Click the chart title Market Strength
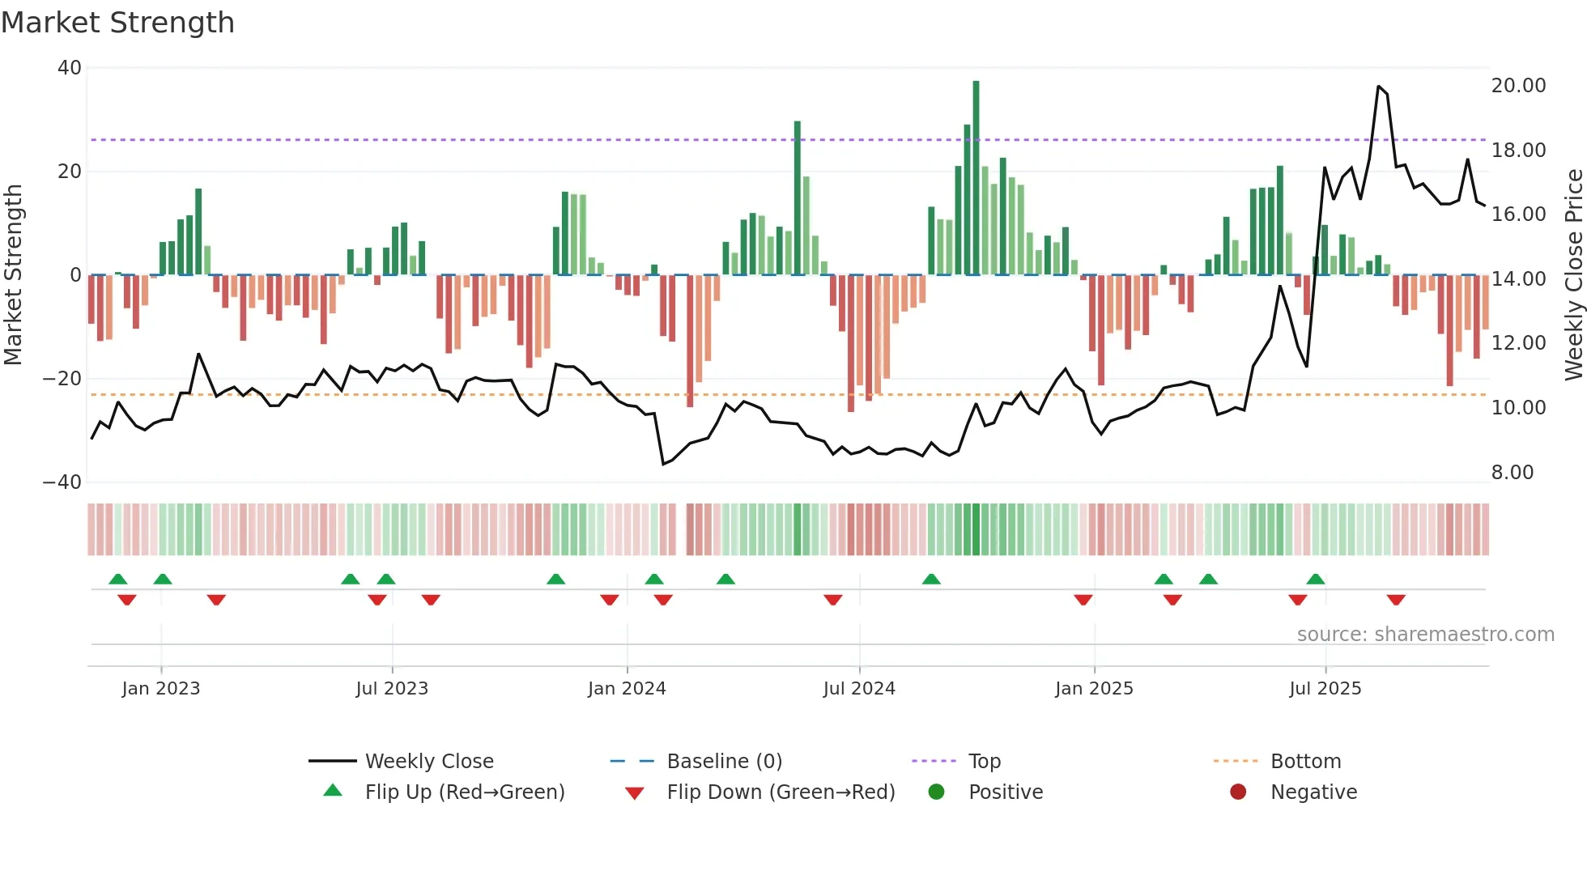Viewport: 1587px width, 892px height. (x=117, y=23)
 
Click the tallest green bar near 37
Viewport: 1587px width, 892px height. (x=976, y=178)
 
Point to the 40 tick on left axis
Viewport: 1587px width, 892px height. (x=70, y=68)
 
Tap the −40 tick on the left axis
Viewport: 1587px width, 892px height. (x=62, y=482)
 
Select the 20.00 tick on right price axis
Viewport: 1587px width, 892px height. (x=1518, y=86)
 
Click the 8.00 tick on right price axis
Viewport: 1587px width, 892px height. (x=1512, y=473)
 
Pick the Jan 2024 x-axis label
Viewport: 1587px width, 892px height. (x=627, y=689)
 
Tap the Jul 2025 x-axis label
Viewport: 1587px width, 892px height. (x=1325, y=689)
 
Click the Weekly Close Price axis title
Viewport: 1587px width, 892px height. (x=1573, y=275)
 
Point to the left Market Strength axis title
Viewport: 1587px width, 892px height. (x=14, y=275)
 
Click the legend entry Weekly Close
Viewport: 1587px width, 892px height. (x=428, y=762)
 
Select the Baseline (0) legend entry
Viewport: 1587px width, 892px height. (x=724, y=762)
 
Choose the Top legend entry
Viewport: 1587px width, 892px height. (x=985, y=762)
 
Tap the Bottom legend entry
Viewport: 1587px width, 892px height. (x=1305, y=762)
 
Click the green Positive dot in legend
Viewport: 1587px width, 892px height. (x=937, y=792)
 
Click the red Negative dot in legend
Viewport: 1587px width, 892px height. (x=1238, y=792)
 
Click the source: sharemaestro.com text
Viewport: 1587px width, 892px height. (x=1425, y=635)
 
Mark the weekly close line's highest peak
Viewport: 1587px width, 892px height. (x=1378, y=87)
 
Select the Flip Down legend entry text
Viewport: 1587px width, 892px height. (x=781, y=792)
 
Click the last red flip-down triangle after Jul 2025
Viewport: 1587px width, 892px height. (x=1395, y=600)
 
